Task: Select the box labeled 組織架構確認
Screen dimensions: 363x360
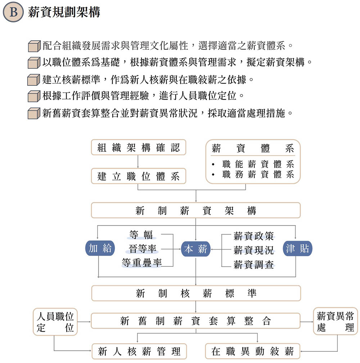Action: click(x=139, y=147)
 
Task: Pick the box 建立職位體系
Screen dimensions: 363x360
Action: click(x=139, y=176)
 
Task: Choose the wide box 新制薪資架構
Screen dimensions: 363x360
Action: click(x=195, y=211)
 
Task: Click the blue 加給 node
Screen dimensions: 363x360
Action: click(x=100, y=249)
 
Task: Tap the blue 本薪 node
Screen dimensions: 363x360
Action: click(x=195, y=249)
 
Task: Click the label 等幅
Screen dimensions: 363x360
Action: click(x=141, y=235)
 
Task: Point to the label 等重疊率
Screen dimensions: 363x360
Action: click(x=141, y=262)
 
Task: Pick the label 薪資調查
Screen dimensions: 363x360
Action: click(x=253, y=265)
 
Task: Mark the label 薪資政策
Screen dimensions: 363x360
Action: click(x=253, y=236)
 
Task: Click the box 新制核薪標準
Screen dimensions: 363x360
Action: click(x=195, y=293)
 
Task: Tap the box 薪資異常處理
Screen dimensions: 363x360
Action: click(x=336, y=322)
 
